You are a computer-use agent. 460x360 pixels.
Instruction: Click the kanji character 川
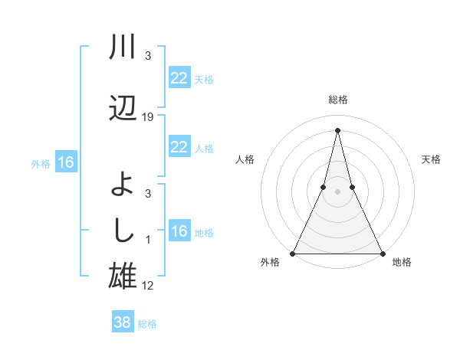coord(123,47)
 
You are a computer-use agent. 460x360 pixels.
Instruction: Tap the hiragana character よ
coord(123,185)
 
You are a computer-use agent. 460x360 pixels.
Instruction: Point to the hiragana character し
coord(123,229)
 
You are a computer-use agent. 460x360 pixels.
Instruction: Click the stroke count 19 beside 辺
coord(148,117)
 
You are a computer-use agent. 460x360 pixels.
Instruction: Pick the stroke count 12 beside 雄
coord(148,286)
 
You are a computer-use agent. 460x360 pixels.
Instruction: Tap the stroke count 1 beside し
coord(148,240)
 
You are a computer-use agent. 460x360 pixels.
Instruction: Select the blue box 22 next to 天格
coord(179,78)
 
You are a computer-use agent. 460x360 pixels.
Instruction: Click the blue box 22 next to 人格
coord(179,147)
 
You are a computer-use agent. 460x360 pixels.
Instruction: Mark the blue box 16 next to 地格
coord(179,231)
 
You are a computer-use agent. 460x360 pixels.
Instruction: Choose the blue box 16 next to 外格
coord(66,162)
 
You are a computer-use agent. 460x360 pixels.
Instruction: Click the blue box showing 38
coord(123,322)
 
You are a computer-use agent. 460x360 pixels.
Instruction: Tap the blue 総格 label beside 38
coord(147,324)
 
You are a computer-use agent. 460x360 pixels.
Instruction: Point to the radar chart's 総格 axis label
coord(337,100)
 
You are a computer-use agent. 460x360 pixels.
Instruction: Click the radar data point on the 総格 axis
coord(337,129)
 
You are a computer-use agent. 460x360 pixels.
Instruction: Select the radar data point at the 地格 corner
coord(382,253)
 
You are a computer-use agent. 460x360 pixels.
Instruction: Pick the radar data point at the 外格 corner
coord(293,253)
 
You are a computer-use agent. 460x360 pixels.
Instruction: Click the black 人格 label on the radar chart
coord(245,159)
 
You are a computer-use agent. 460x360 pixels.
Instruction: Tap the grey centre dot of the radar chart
coord(337,191)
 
